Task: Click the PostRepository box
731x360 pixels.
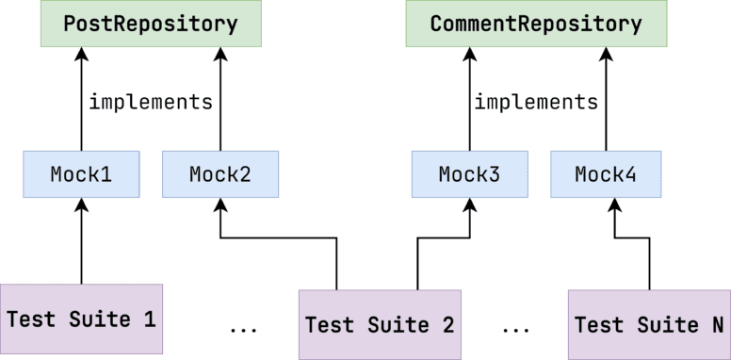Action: [x=150, y=25]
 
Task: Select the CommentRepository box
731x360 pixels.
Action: [x=535, y=25]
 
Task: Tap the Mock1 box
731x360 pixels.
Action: [x=81, y=174]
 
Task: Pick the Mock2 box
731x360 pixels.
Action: [x=220, y=174]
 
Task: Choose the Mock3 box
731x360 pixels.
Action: [x=470, y=174]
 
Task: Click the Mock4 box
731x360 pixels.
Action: [x=607, y=174]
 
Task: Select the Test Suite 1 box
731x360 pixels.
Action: [x=81, y=319]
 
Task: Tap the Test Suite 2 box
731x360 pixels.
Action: [x=380, y=325]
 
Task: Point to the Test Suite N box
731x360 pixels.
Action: [x=649, y=325]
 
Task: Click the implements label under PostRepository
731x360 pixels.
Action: [x=151, y=102]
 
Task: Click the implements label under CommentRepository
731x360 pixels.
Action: [x=536, y=102]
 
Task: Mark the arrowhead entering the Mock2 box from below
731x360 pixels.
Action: [x=220, y=205]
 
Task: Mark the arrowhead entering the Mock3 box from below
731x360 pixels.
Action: [x=470, y=205]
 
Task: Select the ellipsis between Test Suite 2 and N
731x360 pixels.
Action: [x=515, y=330]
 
